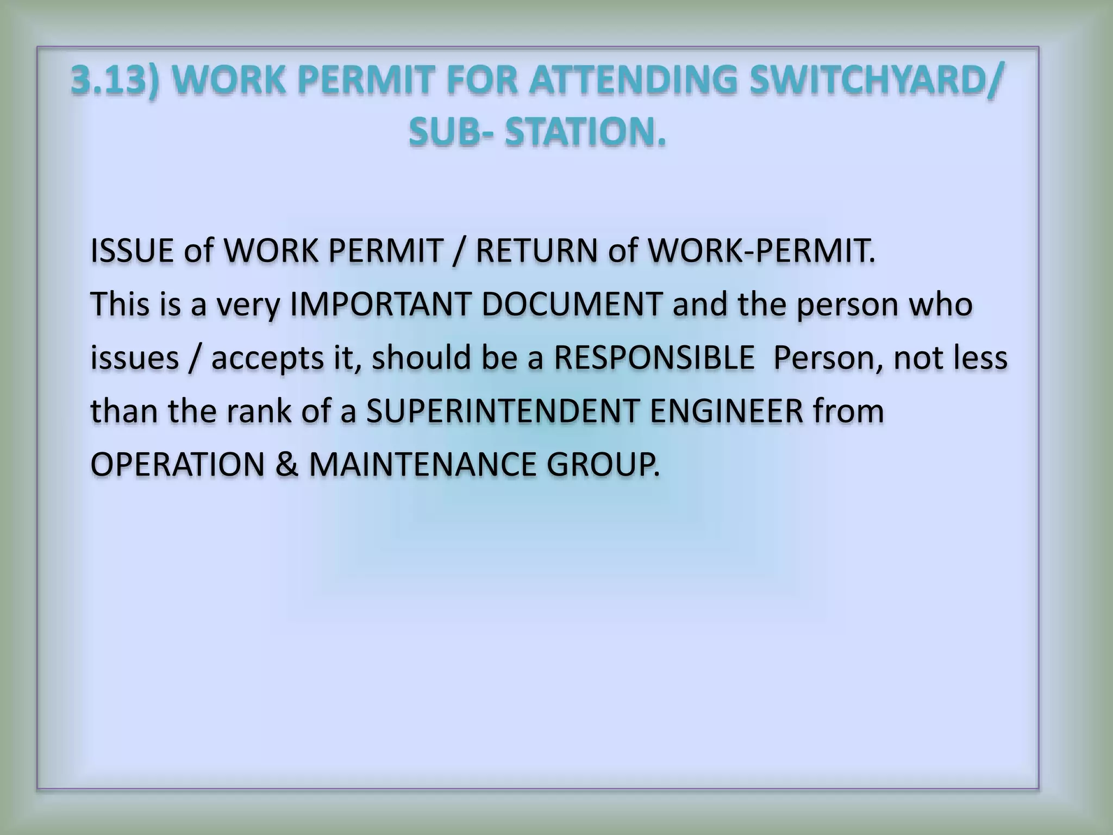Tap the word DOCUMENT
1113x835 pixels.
tap(572, 304)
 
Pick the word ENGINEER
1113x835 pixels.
tap(726, 411)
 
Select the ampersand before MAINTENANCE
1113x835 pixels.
tap(287, 465)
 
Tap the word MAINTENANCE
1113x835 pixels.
tap(422, 465)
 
